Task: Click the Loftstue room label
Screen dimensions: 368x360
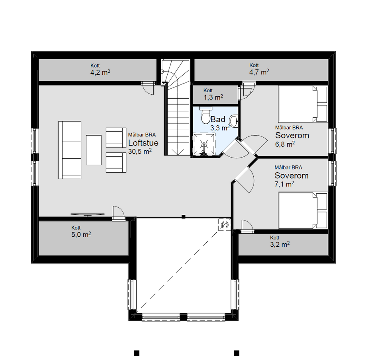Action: click(x=143, y=143)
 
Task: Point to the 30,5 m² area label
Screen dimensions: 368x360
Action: click(x=140, y=151)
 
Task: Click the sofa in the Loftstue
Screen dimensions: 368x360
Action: click(x=70, y=150)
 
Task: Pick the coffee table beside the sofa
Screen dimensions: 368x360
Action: click(x=94, y=150)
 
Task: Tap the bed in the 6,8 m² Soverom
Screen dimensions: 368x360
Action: click(x=303, y=104)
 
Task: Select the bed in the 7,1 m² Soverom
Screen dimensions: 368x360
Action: click(x=303, y=210)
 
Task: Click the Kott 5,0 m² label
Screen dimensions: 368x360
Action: click(x=81, y=232)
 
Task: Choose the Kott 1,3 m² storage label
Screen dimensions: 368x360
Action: click(x=213, y=94)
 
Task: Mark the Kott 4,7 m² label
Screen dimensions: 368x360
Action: click(x=259, y=69)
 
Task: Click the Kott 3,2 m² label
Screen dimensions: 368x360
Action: click(x=280, y=241)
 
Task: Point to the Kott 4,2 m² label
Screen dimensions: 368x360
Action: click(x=100, y=69)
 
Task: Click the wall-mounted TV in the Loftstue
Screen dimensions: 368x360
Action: click(x=88, y=214)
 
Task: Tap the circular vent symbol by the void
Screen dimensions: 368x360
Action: click(x=225, y=225)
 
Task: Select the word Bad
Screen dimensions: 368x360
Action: click(x=218, y=119)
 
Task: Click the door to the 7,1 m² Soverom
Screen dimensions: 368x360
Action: click(x=245, y=179)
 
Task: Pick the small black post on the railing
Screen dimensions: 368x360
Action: click(x=184, y=216)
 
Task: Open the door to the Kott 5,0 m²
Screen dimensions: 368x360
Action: click(x=119, y=214)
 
